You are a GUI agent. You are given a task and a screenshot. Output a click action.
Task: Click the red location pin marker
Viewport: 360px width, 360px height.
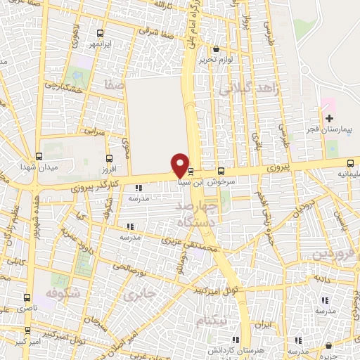(180, 165)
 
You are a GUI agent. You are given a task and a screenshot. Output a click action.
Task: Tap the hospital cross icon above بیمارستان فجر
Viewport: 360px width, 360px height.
(329, 116)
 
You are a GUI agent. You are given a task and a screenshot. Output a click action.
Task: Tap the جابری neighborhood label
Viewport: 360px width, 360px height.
(139, 295)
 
